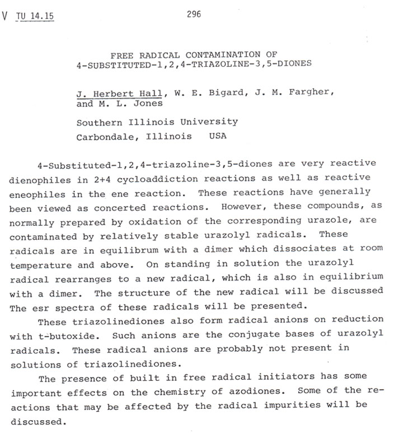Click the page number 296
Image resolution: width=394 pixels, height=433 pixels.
click(194, 14)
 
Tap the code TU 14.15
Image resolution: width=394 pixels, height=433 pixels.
click(35, 16)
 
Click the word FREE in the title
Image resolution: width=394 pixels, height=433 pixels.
click(120, 55)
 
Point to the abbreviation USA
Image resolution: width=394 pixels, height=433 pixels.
click(218, 137)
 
